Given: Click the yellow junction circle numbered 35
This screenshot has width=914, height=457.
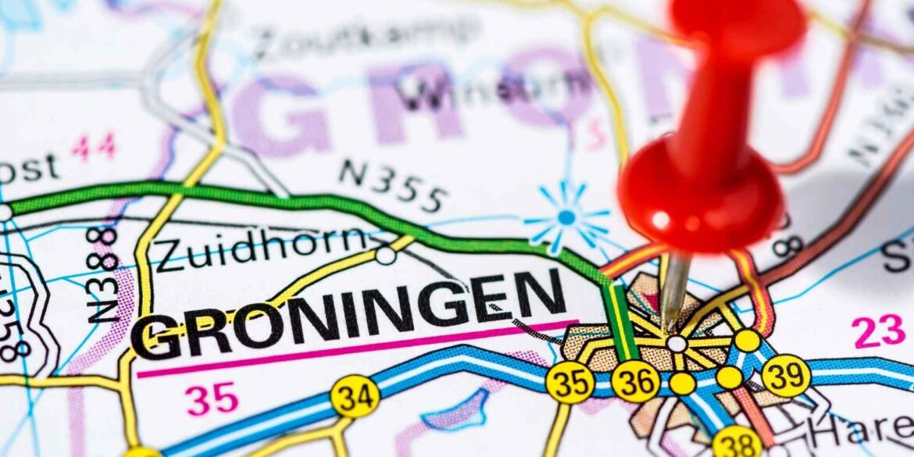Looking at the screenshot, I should (569, 382).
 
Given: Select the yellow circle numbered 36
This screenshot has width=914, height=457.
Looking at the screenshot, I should (634, 381).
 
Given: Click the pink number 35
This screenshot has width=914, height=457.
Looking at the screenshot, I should (212, 400).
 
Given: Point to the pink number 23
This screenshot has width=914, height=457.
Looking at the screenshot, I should (878, 331).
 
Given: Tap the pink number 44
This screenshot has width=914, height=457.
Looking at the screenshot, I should (94, 147).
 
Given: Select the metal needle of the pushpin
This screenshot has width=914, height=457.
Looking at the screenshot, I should (673, 293).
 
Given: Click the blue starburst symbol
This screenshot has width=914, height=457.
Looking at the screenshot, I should (566, 216).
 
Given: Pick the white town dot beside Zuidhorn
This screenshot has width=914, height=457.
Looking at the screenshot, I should (384, 255).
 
